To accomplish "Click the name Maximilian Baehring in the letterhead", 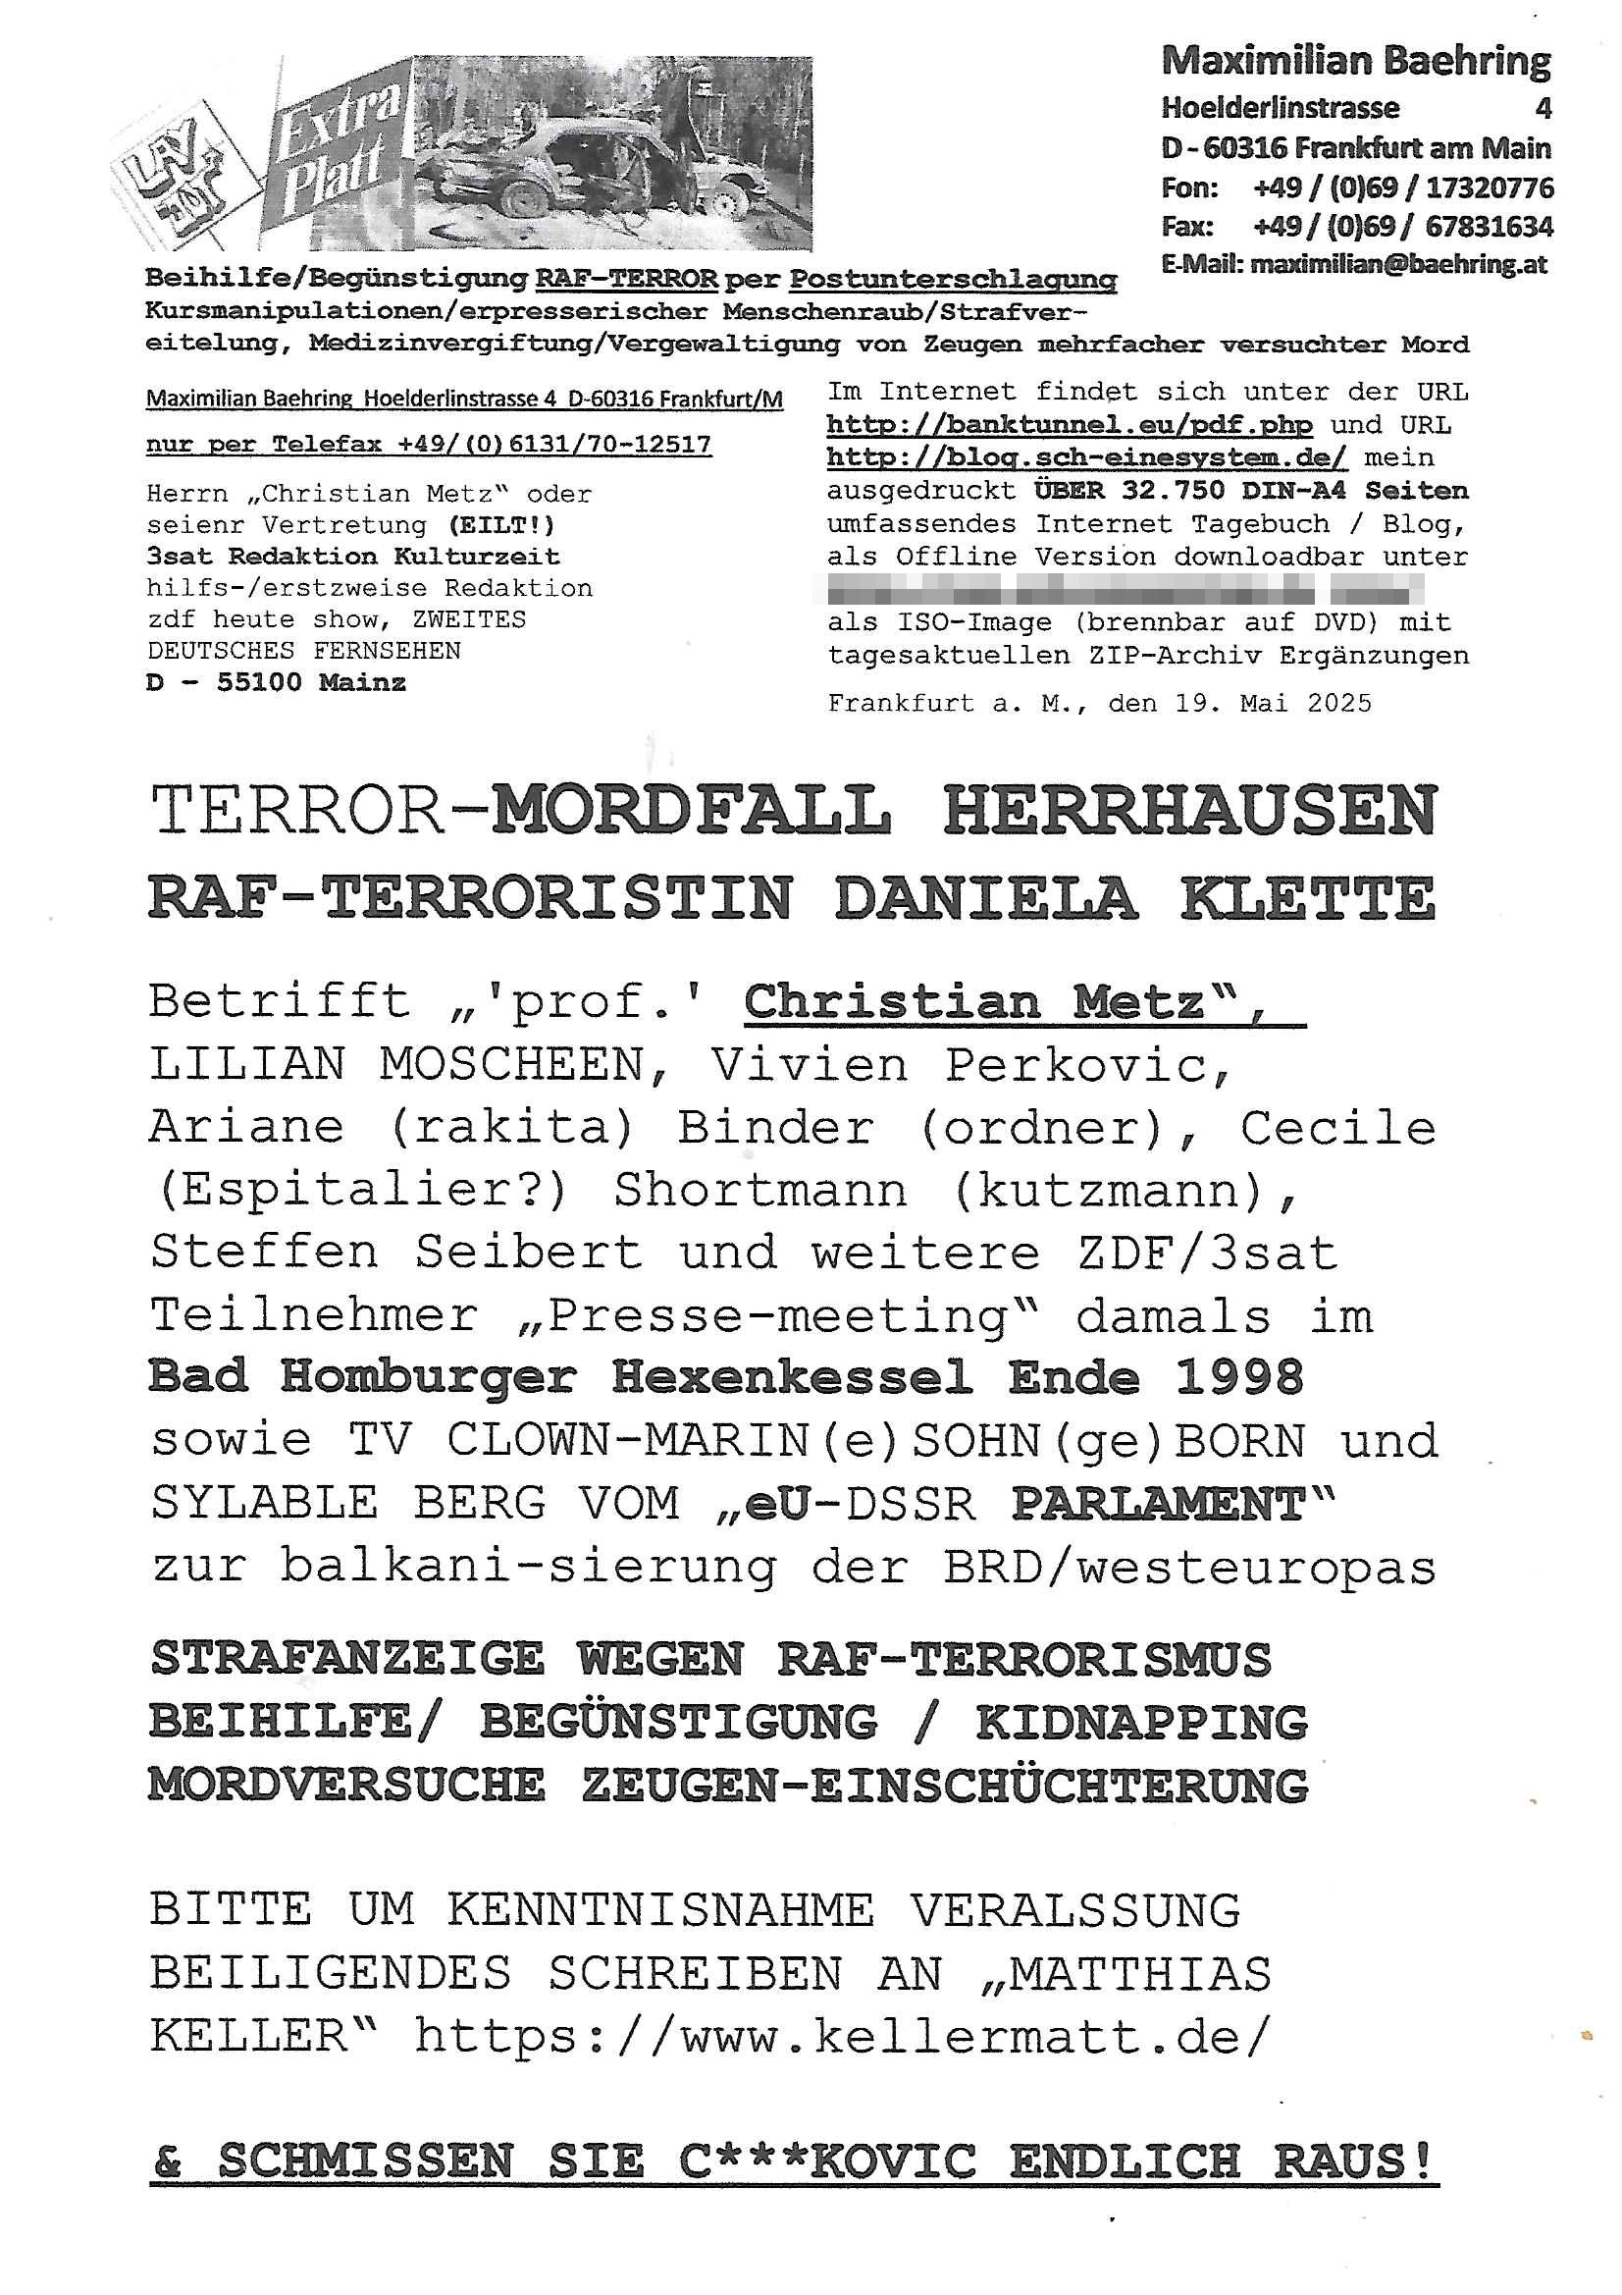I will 1355,62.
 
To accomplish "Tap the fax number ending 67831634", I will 1490,227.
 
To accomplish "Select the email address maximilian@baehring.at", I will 1398,265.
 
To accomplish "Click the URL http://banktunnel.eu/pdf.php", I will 1070,425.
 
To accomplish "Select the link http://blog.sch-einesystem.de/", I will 1086,457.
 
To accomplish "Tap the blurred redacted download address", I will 1125,590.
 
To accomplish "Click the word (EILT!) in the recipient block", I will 500,525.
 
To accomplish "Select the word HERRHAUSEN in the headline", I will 1189,811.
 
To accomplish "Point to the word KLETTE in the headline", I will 1307,898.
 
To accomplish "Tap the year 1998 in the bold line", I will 1239,1378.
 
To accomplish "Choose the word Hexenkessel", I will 792,1378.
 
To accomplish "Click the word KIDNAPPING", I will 1141,1722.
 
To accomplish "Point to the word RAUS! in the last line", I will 1354,2162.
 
